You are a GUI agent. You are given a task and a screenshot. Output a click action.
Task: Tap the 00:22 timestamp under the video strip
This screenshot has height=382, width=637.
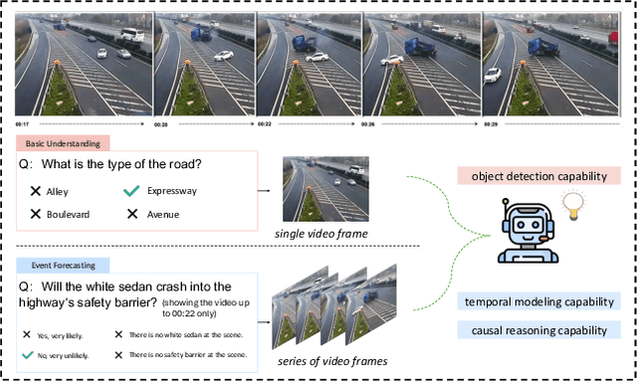[x=265, y=124]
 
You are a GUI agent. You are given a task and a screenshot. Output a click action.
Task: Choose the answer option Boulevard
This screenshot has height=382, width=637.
[x=76, y=213]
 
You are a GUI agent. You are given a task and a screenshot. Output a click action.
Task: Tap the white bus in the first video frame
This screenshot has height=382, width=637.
[x=131, y=36]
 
